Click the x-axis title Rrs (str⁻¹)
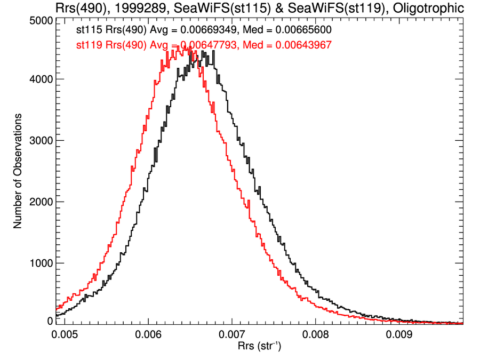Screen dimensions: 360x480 (259, 347)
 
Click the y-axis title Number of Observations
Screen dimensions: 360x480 (18, 171)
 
